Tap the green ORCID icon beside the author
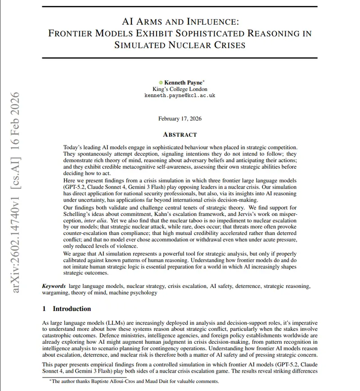click(161, 82)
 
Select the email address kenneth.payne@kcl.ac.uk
click(180, 95)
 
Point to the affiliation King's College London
click(180, 89)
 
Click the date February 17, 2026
click(180, 119)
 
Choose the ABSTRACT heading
click(180, 135)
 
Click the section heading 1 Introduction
click(67, 309)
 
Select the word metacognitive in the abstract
click(138, 167)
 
